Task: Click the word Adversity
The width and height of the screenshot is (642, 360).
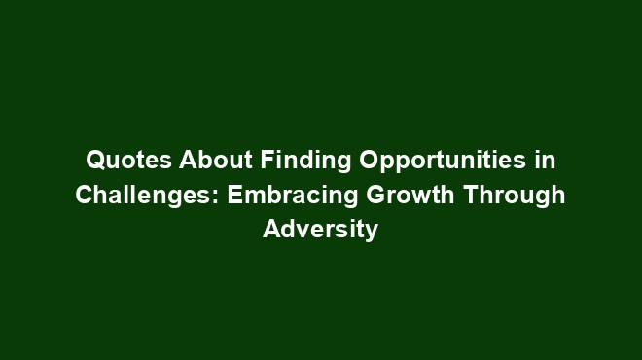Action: point(320,232)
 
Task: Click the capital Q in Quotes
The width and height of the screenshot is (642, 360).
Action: point(94,159)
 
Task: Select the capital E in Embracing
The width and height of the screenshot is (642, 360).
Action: point(235,195)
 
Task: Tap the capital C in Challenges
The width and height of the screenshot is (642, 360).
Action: point(85,195)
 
